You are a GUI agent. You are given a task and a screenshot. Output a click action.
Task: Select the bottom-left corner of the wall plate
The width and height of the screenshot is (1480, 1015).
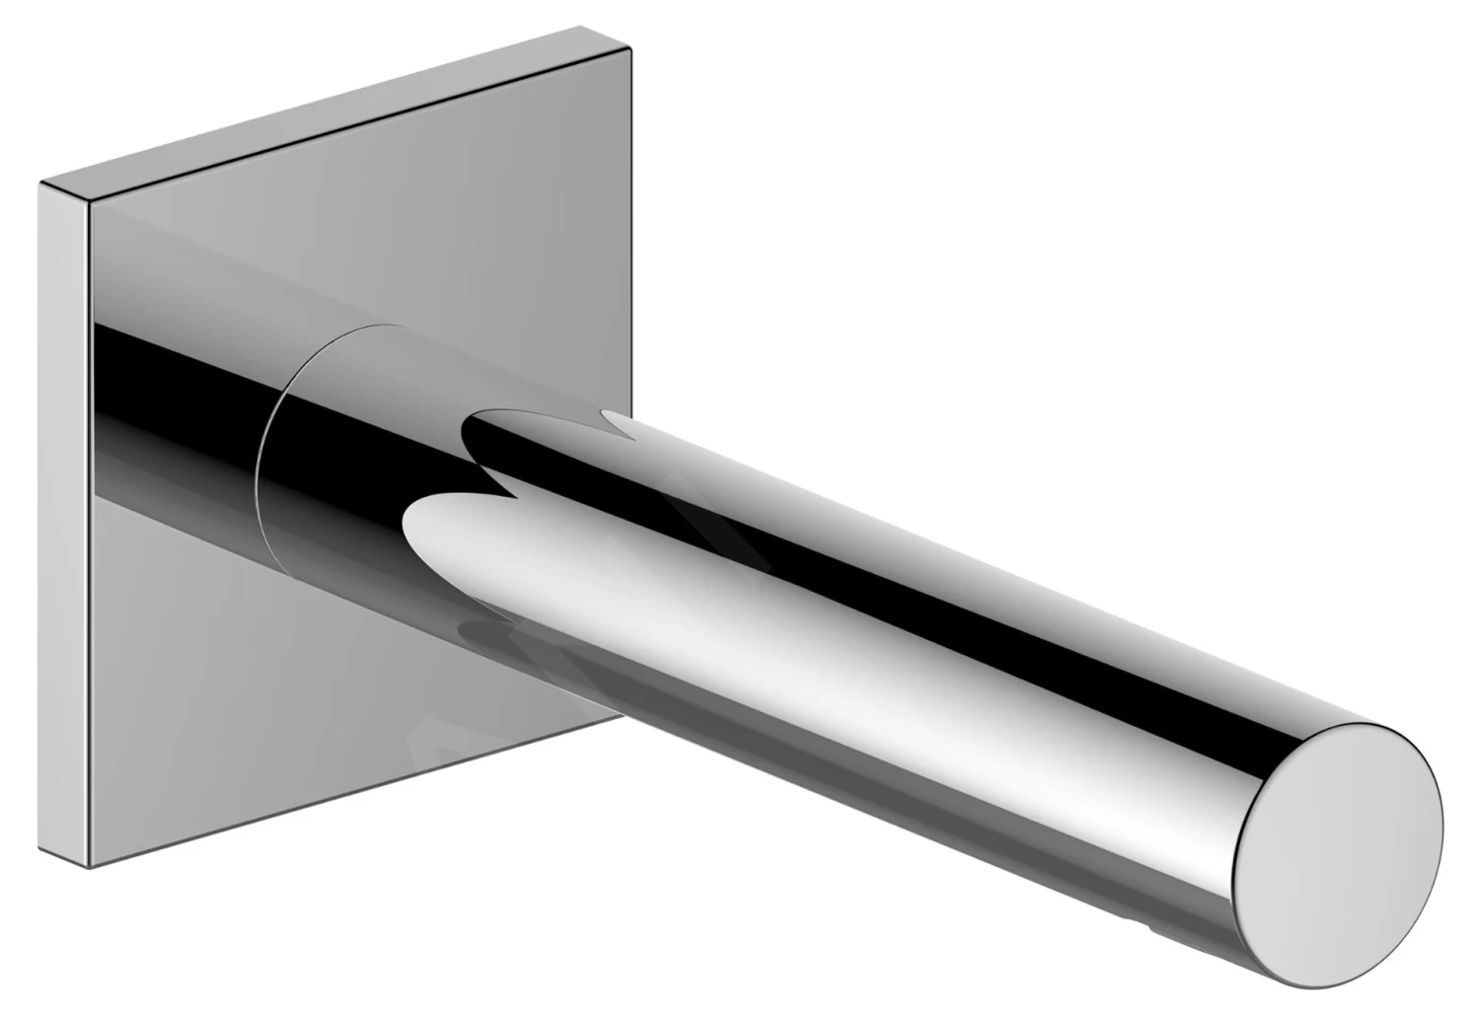click(x=91, y=868)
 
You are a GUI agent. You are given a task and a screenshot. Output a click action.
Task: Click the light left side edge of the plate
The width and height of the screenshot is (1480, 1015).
click(x=65, y=523)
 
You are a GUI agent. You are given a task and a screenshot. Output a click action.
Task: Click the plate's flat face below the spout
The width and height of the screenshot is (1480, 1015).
click(x=296, y=710)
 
